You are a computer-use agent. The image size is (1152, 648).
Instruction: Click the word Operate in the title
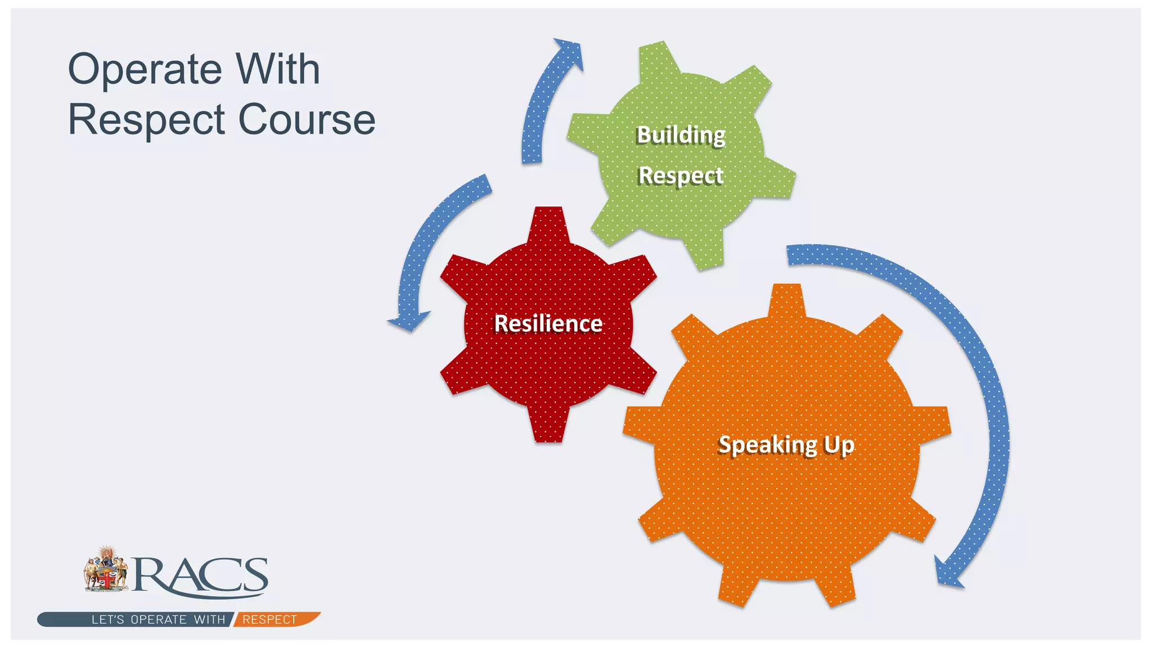point(145,70)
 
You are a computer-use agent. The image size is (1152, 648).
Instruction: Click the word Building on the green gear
point(681,135)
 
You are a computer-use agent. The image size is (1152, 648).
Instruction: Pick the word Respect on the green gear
point(681,175)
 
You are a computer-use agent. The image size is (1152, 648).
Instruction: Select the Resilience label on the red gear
point(548,323)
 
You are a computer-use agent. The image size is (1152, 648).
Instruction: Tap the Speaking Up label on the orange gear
point(786,444)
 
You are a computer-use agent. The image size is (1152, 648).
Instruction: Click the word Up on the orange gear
point(839,444)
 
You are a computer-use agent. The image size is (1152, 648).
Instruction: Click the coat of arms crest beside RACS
point(106,569)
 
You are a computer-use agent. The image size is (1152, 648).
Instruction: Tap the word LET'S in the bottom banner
point(107,619)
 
